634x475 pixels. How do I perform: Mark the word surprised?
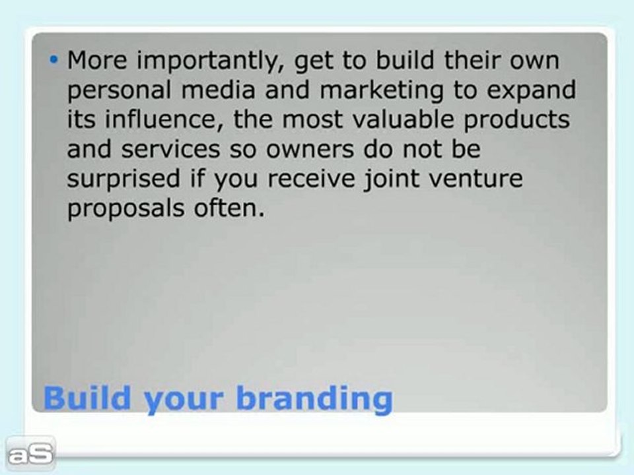point(123,179)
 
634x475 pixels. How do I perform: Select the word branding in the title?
point(314,399)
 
